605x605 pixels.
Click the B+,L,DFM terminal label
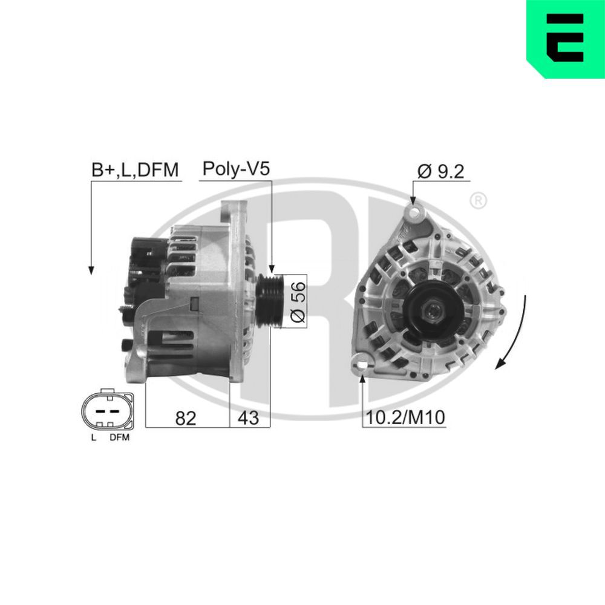point(136,170)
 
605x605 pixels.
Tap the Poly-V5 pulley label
point(235,169)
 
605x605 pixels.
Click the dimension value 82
point(185,417)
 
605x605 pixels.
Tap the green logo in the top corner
point(566,38)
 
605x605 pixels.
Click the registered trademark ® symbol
point(478,200)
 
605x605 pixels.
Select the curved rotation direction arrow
point(515,333)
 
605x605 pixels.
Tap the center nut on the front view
point(434,312)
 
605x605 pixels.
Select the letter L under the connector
point(93,438)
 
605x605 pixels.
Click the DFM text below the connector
point(119,438)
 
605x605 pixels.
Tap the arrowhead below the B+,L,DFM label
point(91,270)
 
